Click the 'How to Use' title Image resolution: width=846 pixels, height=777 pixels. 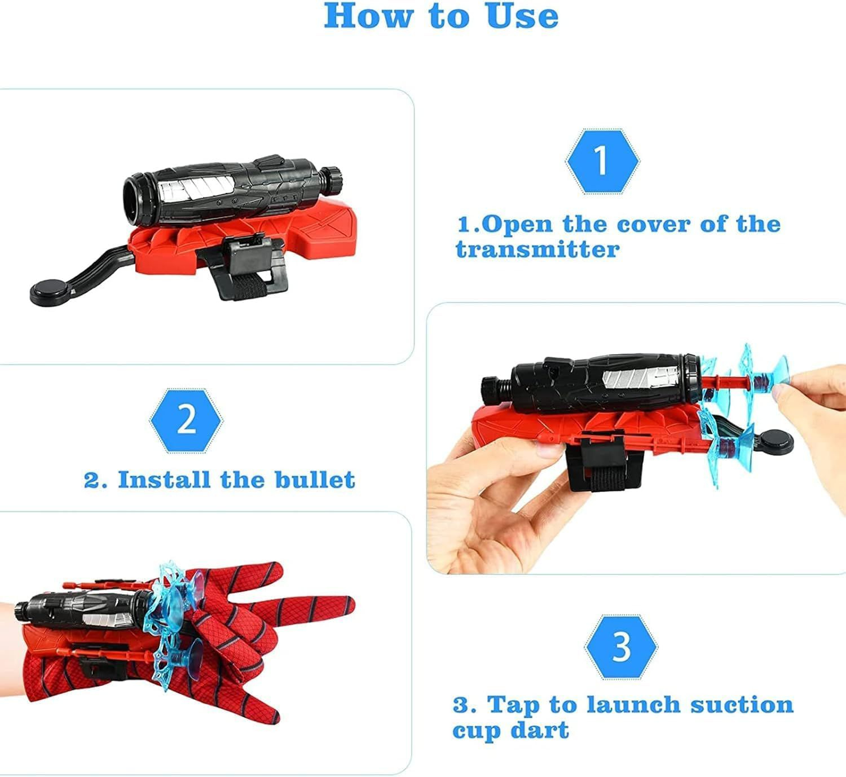pos(441,16)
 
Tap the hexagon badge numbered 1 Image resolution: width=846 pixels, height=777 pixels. pos(602,161)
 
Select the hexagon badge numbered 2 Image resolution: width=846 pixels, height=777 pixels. pos(186,420)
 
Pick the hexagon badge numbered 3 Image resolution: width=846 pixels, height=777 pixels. pos(620,647)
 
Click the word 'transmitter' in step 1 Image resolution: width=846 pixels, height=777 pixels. pos(537,249)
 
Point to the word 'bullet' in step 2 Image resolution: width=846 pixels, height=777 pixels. pos(315,480)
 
